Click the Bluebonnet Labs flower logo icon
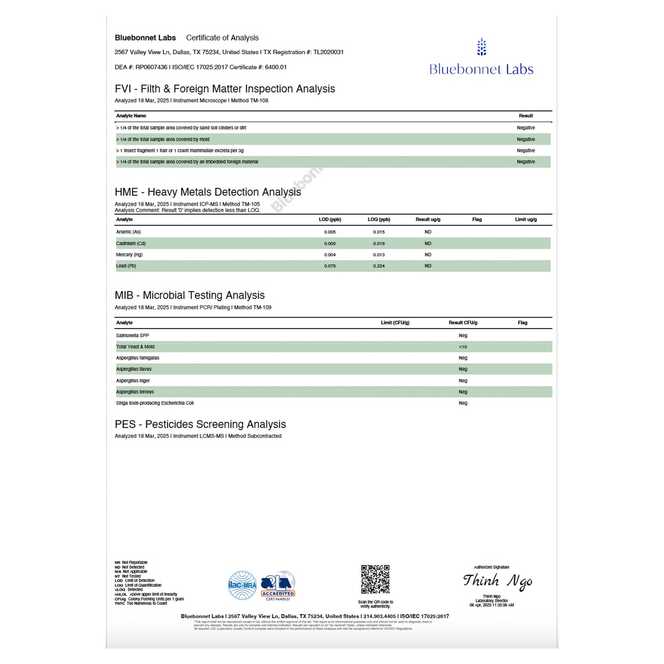(x=481, y=47)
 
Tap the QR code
(x=375, y=579)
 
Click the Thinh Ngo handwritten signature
(x=497, y=581)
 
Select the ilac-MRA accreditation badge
(x=243, y=585)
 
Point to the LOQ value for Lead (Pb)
(x=379, y=266)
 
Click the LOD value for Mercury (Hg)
(x=330, y=255)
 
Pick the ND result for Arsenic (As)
(x=428, y=232)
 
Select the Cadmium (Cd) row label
(x=131, y=244)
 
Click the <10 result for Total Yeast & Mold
(x=463, y=347)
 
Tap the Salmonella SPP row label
(x=132, y=335)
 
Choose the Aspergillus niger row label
(x=133, y=380)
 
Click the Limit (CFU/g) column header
(x=395, y=323)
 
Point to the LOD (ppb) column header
(x=330, y=220)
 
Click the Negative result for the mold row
(x=526, y=139)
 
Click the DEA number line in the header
(x=200, y=67)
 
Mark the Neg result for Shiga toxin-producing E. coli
(x=463, y=403)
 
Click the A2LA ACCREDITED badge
(x=278, y=586)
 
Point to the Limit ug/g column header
(x=526, y=220)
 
